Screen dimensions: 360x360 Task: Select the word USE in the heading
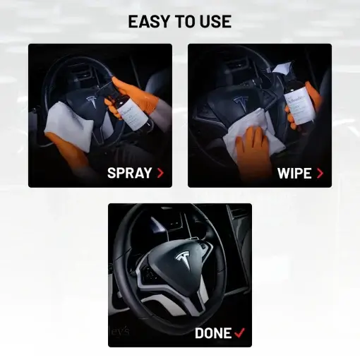217,22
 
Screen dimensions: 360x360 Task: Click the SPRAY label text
129,172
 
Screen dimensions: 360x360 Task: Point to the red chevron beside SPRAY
161,172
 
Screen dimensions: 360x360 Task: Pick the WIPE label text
294,172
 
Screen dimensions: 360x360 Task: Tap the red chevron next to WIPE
320,172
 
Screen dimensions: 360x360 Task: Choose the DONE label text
213,332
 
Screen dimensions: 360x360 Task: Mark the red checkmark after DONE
241,332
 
